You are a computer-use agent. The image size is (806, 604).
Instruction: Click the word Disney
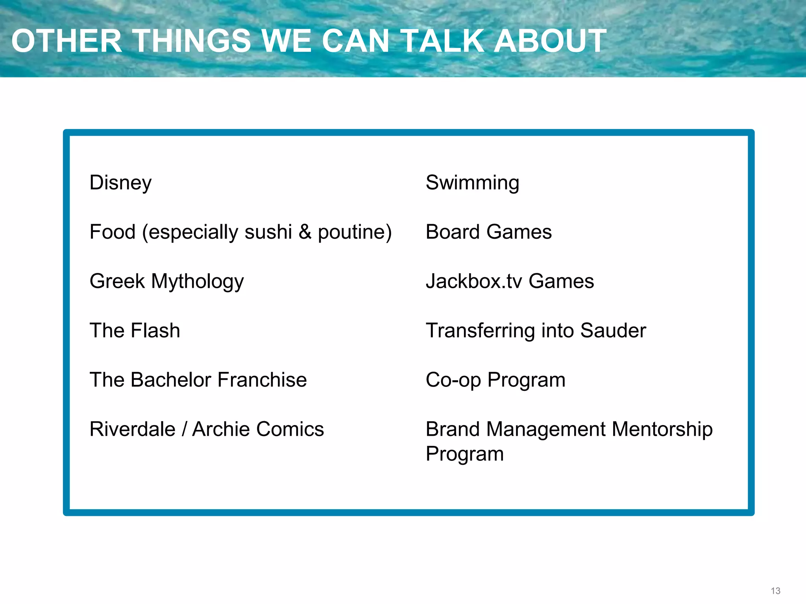click(120, 183)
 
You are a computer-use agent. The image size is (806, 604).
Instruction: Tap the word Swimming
click(472, 183)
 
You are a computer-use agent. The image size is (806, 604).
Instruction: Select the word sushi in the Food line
click(268, 232)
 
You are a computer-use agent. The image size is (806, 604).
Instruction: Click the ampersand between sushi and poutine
click(305, 232)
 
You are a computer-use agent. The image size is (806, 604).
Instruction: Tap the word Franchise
click(262, 380)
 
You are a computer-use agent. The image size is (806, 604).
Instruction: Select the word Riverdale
click(132, 429)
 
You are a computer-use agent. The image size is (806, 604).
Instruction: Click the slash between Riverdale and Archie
click(184, 429)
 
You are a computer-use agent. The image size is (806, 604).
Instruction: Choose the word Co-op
click(453, 380)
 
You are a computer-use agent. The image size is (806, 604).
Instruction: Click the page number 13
click(775, 591)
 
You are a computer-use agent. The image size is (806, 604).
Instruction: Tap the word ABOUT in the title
click(550, 41)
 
